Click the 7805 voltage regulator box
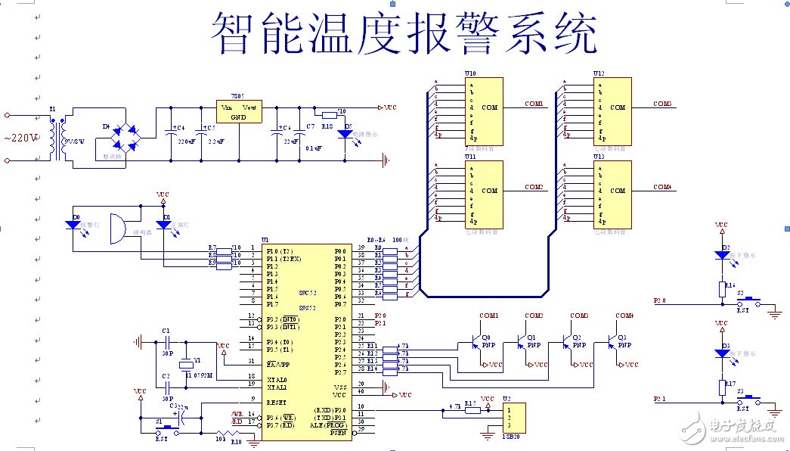[x=237, y=111]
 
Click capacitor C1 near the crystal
[x=166, y=342]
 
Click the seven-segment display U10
[x=484, y=110]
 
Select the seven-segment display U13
[x=612, y=194]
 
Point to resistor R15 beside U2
[x=472, y=409]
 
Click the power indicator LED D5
[x=345, y=133]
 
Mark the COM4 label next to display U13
[x=662, y=187]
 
